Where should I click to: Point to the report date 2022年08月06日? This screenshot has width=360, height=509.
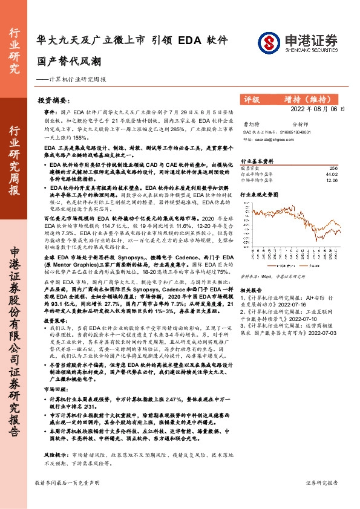(318, 109)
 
